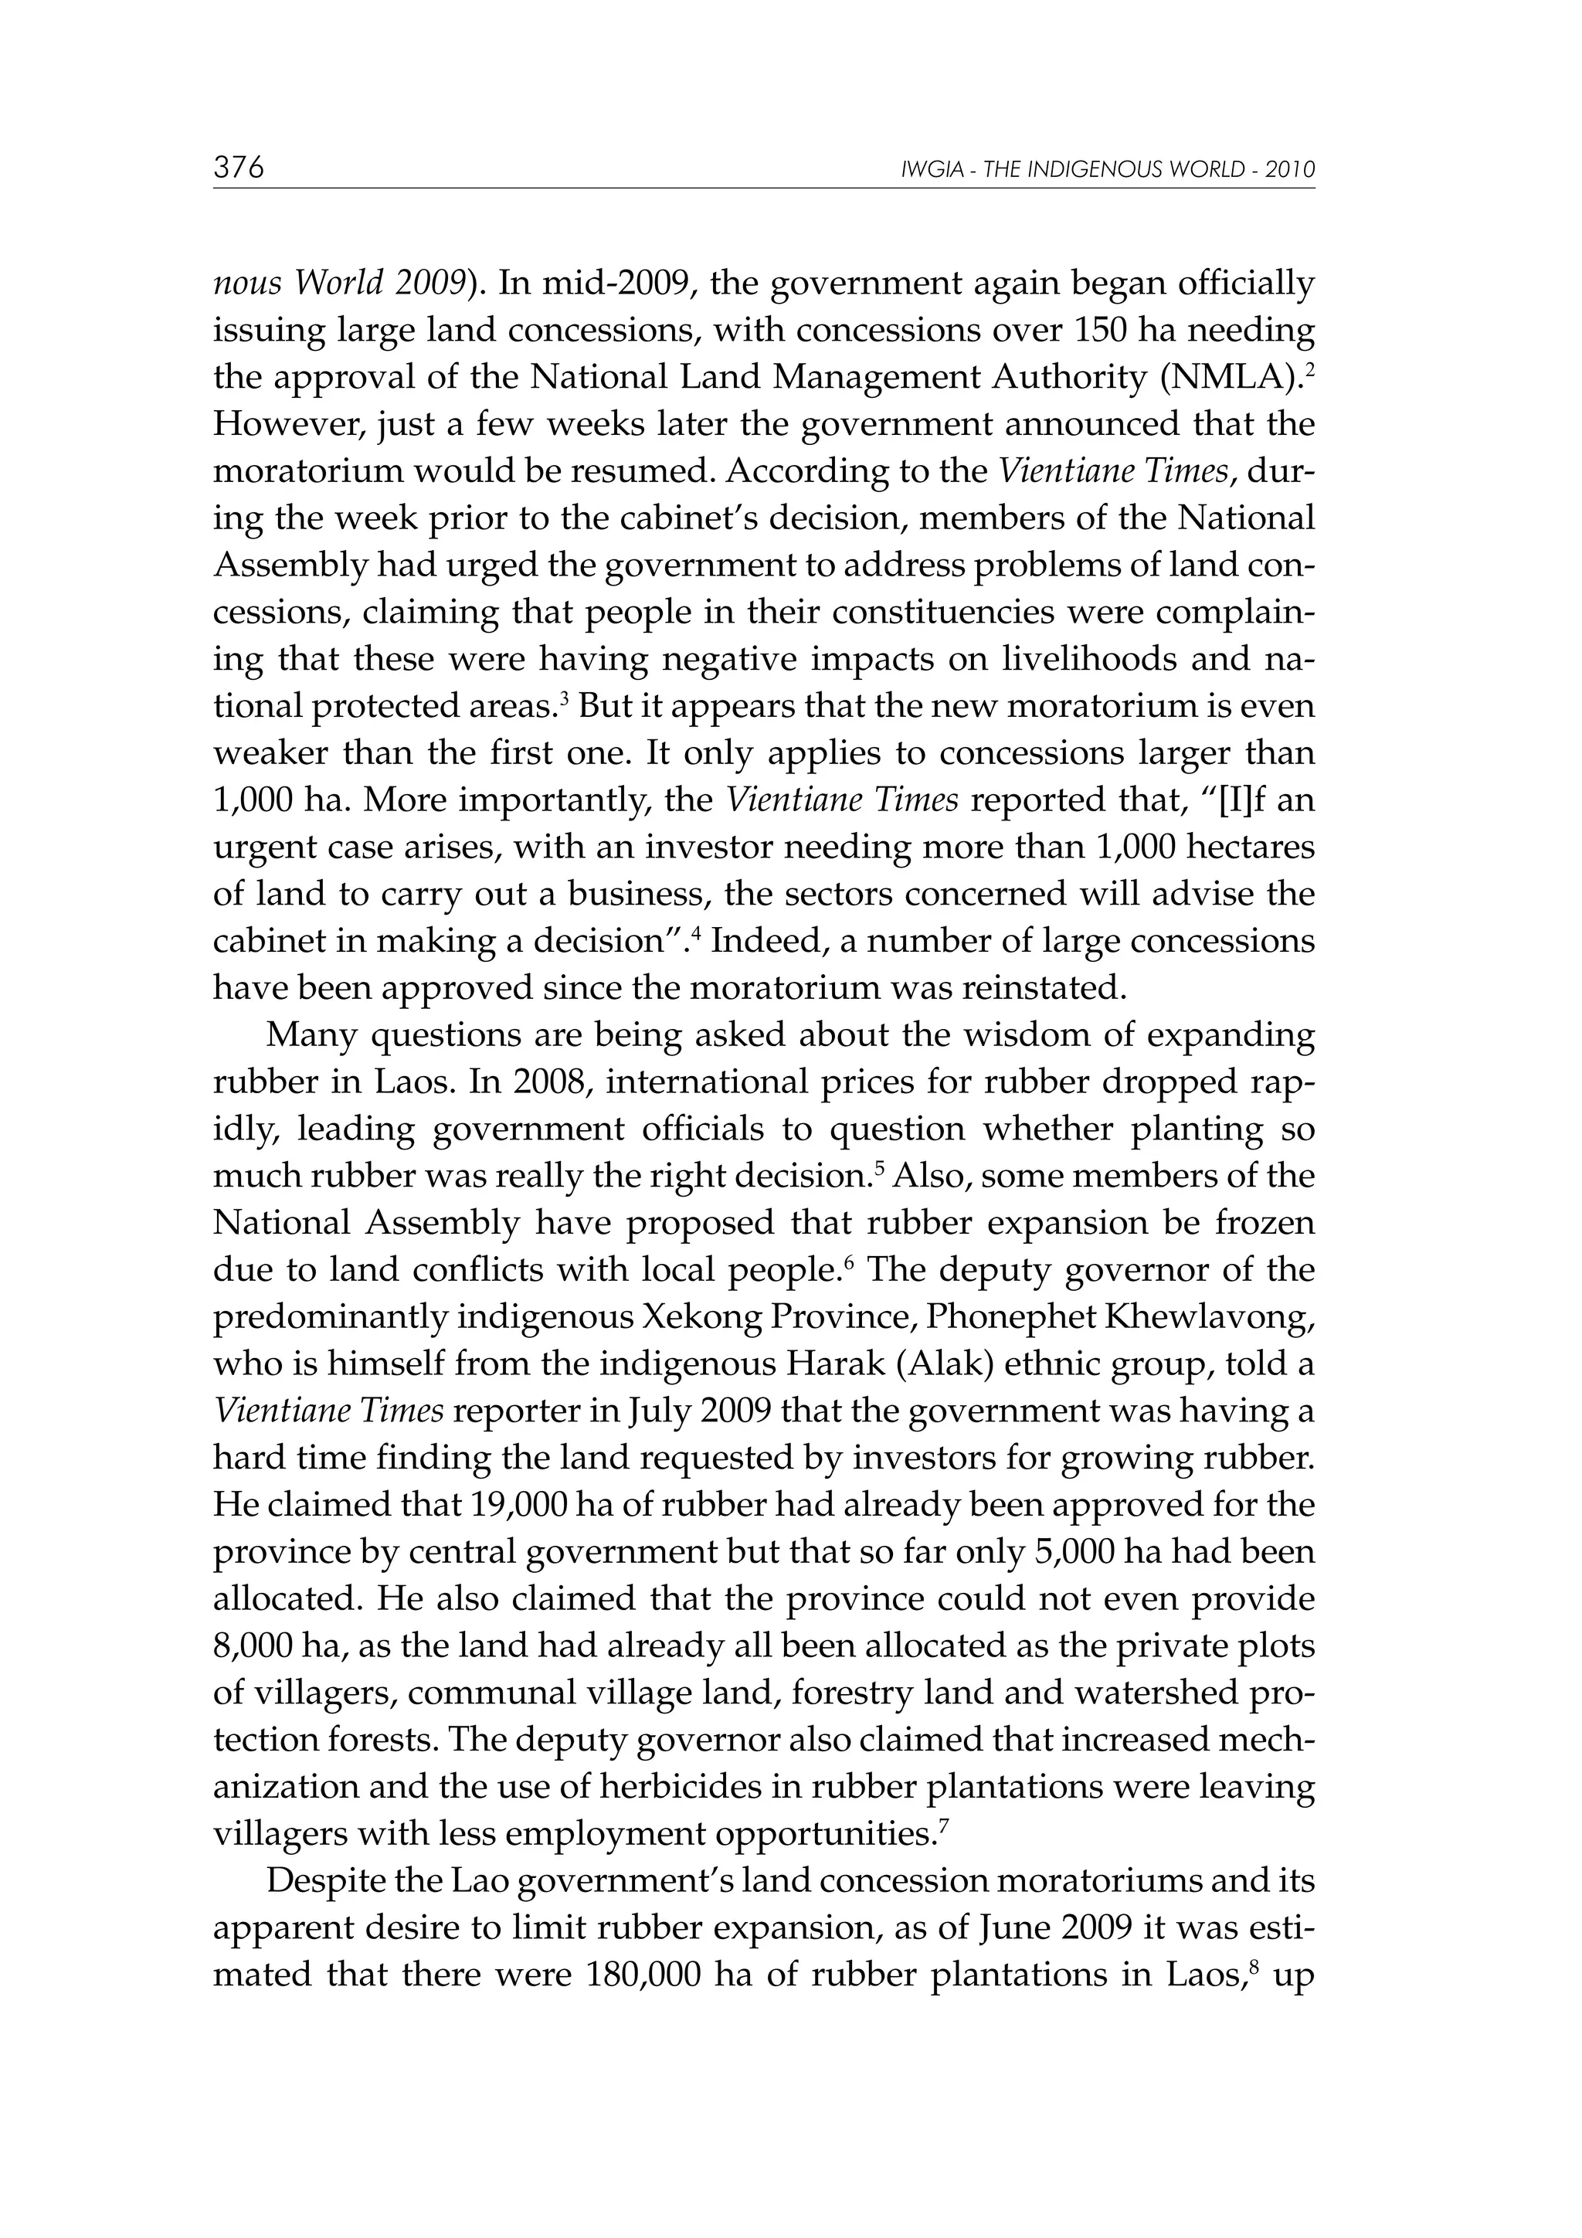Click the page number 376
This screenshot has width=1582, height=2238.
coord(239,168)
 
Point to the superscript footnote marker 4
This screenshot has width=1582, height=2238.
coord(696,933)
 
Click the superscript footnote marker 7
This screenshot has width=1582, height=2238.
coord(942,1825)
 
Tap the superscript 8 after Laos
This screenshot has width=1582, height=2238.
coord(1272,1967)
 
